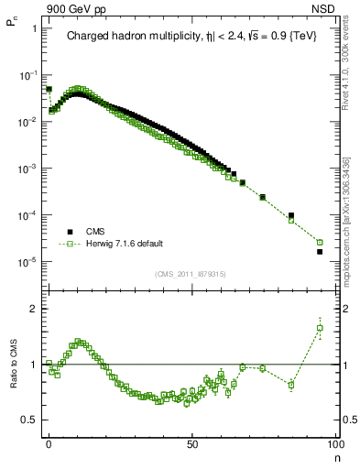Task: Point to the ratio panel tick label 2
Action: (x=33, y=309)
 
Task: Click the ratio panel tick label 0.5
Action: (x=29, y=420)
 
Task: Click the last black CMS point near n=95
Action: (x=320, y=251)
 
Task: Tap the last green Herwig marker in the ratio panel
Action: (x=320, y=327)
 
